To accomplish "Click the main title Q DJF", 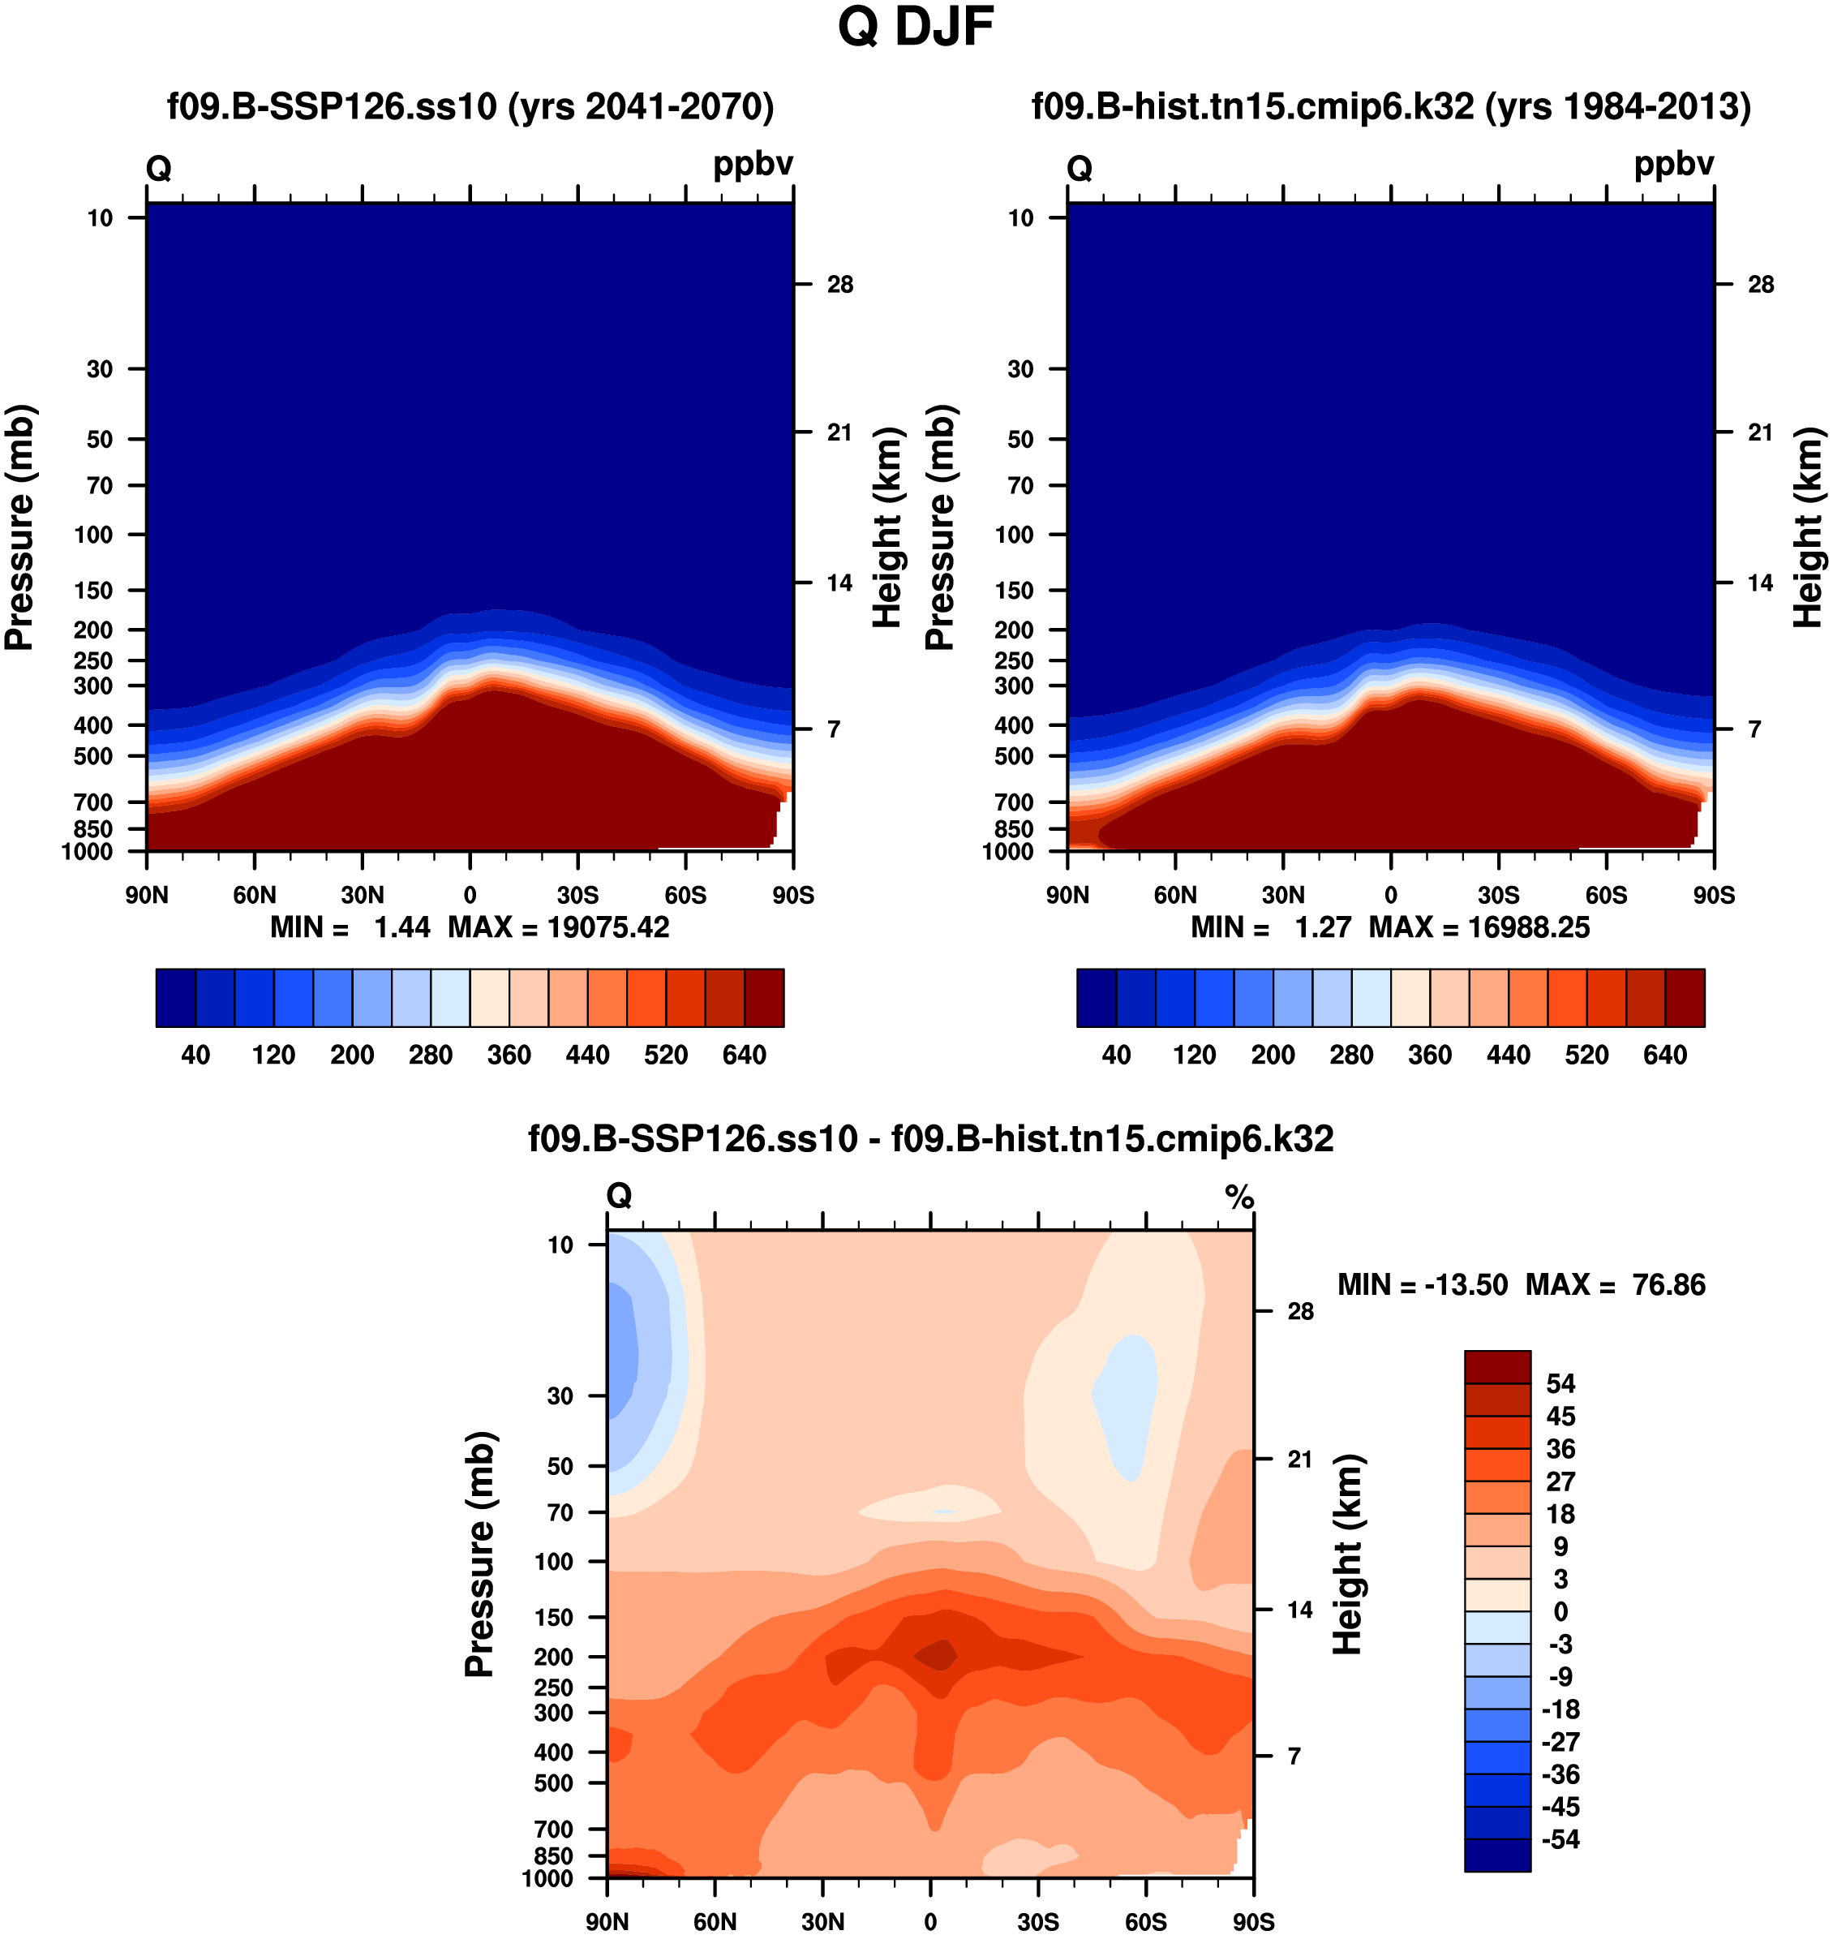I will (x=916, y=28).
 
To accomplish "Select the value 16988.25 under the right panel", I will (x=1529, y=927).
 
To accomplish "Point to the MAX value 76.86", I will (x=1669, y=1285).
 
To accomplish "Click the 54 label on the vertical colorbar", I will (x=1560, y=1384).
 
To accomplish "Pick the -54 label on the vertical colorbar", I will (x=1560, y=1840).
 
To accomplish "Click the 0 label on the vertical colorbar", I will (x=1560, y=1611).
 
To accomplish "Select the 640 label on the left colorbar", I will (x=744, y=1056).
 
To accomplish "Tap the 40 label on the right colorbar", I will (x=1116, y=1056).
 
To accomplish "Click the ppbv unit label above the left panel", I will (x=753, y=164).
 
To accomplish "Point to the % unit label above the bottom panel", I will (x=1240, y=1196).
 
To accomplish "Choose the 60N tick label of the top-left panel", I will (x=254, y=895).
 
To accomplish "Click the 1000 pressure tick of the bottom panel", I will (x=547, y=1878).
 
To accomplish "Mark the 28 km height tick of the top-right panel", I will (x=1761, y=285).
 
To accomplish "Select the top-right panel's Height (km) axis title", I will (x=1809, y=527).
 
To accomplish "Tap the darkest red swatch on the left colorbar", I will (x=764, y=998).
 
